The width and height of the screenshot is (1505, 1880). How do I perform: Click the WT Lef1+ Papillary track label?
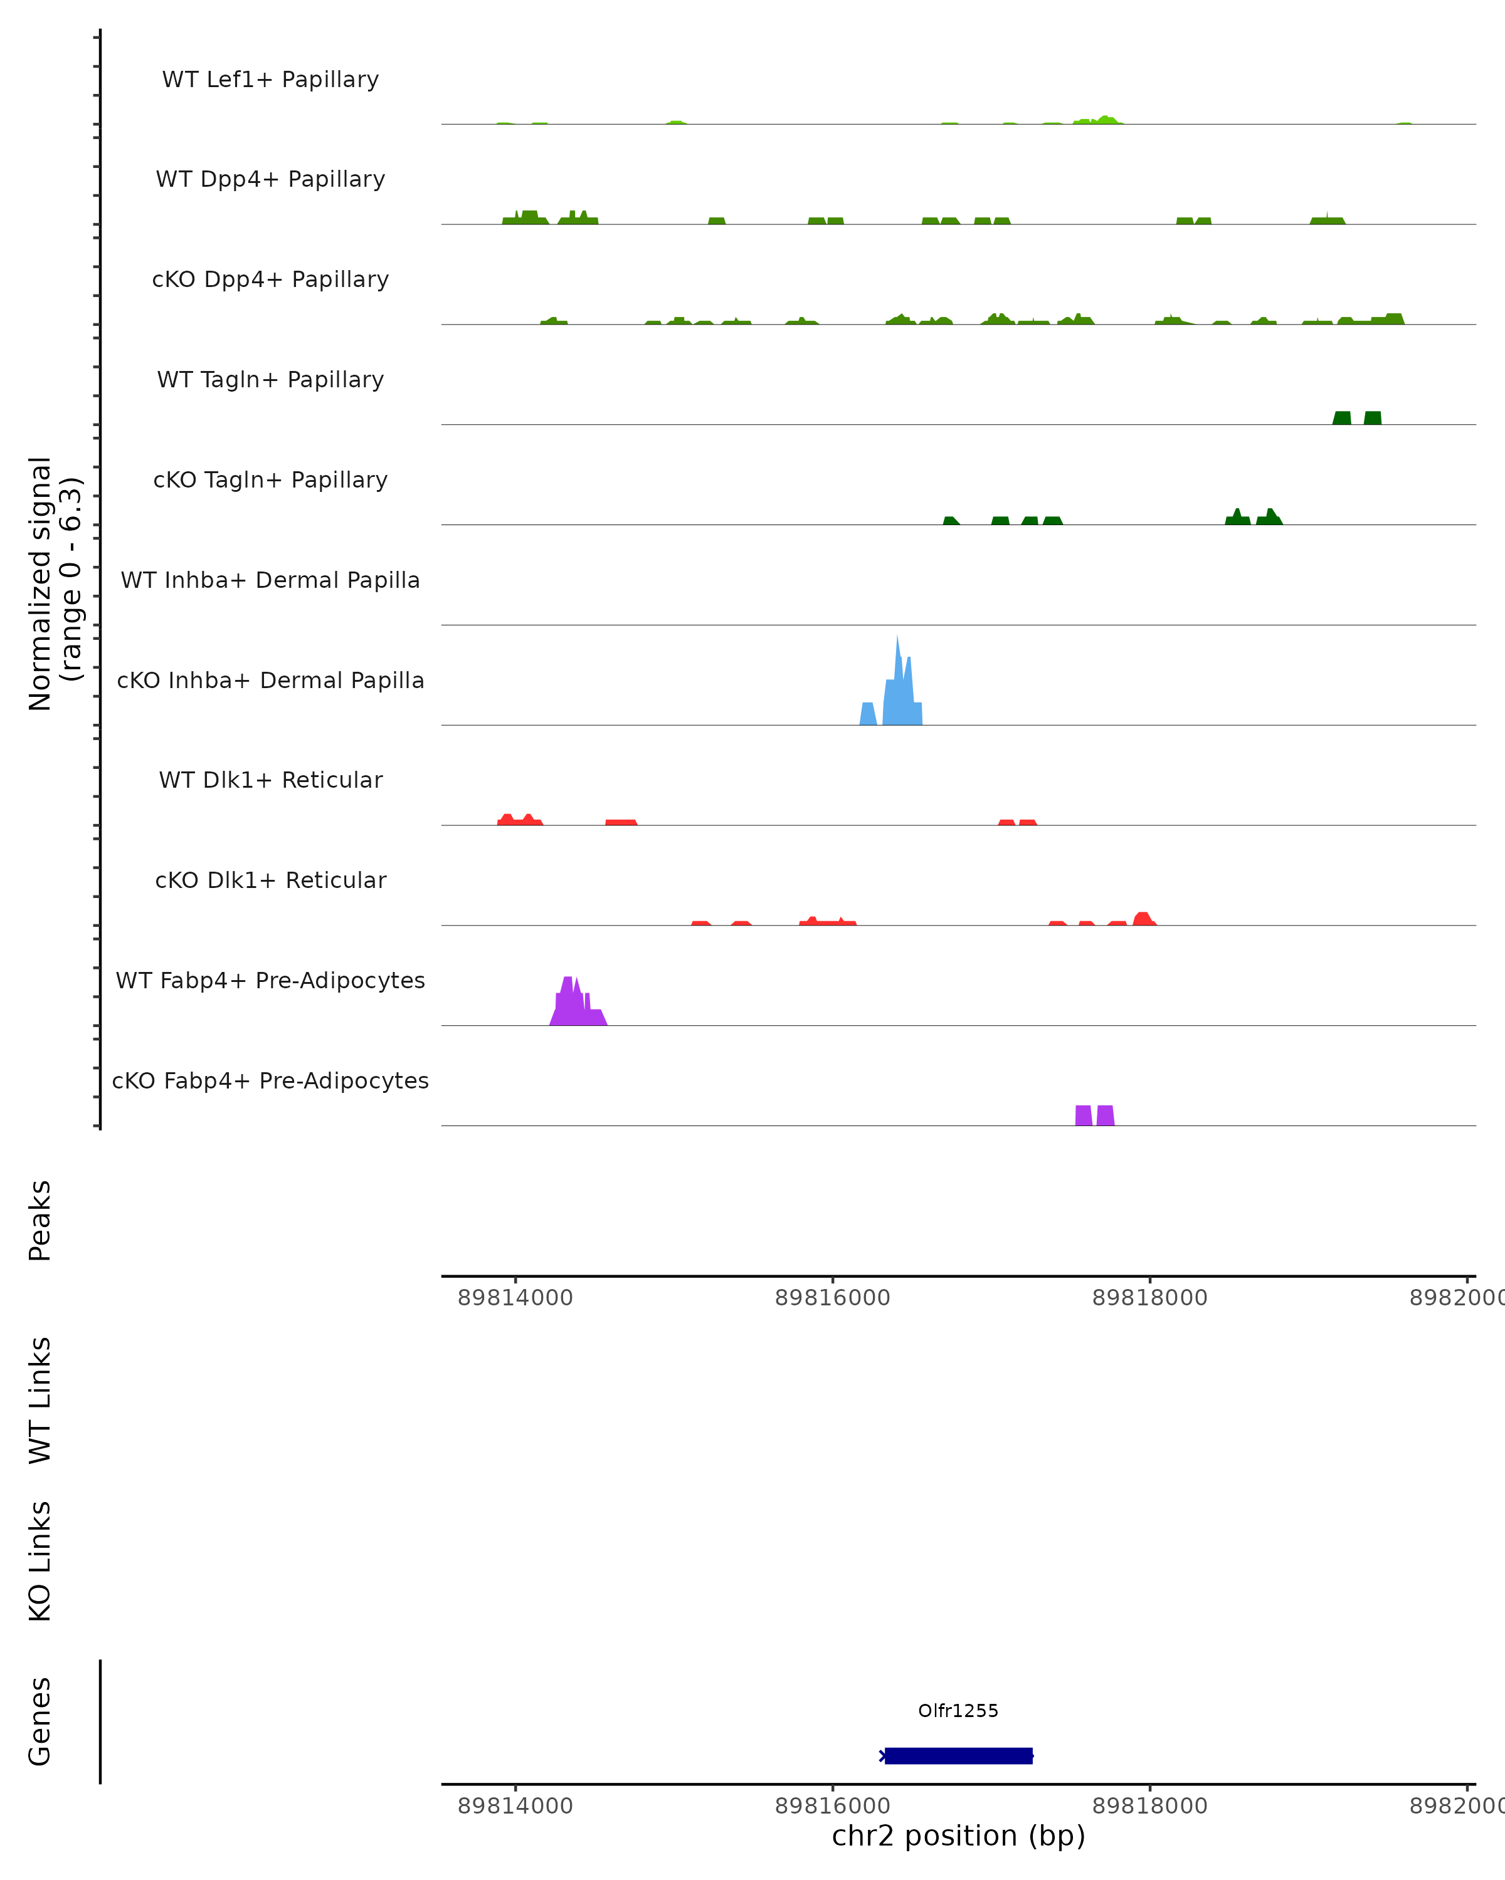coord(270,80)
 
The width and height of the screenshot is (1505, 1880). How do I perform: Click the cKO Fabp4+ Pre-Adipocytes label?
coord(270,1080)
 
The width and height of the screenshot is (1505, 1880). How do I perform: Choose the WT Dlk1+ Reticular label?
coord(270,780)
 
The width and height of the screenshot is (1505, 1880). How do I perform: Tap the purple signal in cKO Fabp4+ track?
coord(1094,1115)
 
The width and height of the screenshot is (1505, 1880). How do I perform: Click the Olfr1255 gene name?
coord(958,1711)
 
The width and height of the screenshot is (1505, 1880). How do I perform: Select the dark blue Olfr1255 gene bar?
coord(958,1756)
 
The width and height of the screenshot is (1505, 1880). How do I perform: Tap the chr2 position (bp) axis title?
coord(958,1836)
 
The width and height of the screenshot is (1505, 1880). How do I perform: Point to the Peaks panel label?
coord(40,1220)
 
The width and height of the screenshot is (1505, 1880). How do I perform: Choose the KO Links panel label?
coord(40,1561)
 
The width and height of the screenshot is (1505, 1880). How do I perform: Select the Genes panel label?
coord(40,1721)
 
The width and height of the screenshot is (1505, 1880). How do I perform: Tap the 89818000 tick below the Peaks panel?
coord(1150,1298)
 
